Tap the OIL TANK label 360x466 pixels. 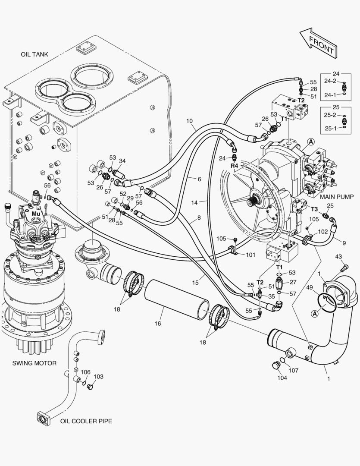(34, 54)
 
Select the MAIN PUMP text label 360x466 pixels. (337, 195)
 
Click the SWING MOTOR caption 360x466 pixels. (34, 363)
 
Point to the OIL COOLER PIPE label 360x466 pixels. (86, 421)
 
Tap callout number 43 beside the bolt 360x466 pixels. (338, 257)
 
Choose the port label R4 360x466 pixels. (234, 165)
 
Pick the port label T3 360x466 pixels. (315, 209)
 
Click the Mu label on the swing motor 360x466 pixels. (35, 213)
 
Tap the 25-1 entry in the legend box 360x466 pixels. (330, 128)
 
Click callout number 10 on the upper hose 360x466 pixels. (189, 121)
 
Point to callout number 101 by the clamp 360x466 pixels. (250, 255)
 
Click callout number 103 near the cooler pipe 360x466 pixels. (98, 376)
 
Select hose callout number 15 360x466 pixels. (195, 283)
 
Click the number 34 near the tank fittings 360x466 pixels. (122, 161)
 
